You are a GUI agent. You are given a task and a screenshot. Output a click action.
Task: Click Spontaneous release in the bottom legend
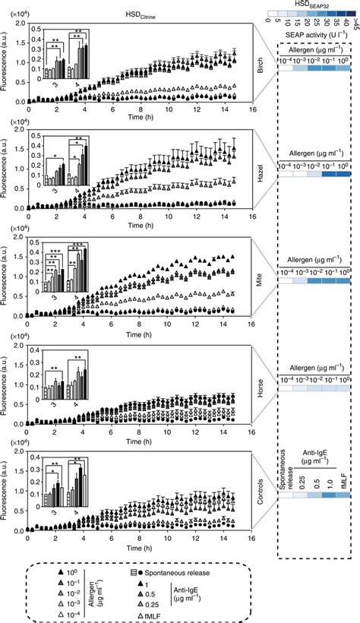[177, 570]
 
